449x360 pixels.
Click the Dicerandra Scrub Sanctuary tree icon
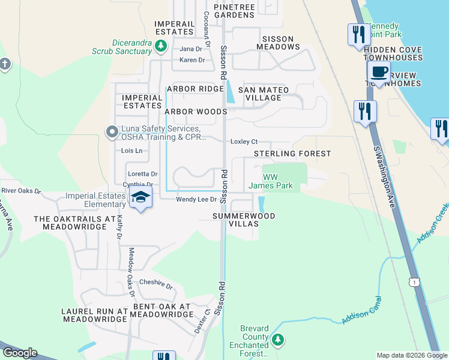click(x=160, y=46)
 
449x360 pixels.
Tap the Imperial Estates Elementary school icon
click(x=140, y=197)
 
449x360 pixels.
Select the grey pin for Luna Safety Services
click(x=111, y=132)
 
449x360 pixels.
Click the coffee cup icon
click(x=379, y=73)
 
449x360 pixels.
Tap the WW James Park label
click(x=271, y=181)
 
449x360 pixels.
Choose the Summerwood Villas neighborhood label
click(x=244, y=220)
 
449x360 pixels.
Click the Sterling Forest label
click(x=292, y=154)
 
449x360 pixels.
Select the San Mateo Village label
click(x=264, y=94)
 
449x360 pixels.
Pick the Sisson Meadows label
click(x=277, y=42)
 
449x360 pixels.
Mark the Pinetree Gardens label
click(x=234, y=10)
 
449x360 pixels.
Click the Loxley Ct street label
click(x=244, y=142)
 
